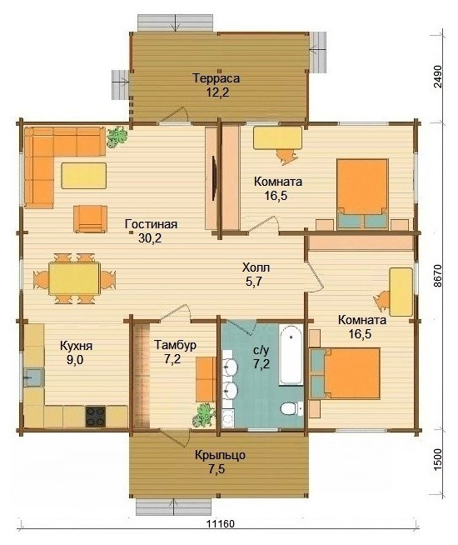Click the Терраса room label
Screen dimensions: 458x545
pos(216,78)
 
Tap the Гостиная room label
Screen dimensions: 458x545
pos(151,224)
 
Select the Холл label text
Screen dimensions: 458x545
pos(256,267)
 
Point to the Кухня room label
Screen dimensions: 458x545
pos(76,346)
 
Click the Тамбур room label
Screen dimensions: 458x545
pos(176,345)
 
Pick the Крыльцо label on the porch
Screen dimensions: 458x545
pos(220,455)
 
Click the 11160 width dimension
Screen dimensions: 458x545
pos(221,524)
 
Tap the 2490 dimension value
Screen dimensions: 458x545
pos(438,77)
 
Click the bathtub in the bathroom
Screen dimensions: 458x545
pos(291,354)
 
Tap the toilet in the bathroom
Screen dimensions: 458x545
pos(291,408)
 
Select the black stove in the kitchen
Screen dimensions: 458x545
pos(96,417)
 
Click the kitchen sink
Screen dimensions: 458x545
pos(34,377)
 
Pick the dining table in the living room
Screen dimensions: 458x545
pos(74,279)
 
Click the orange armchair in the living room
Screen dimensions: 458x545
pos(90,219)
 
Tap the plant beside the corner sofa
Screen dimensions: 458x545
pos(117,137)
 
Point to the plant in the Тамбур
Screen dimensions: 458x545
pos(204,415)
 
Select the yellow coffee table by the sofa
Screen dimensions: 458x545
pos(83,176)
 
